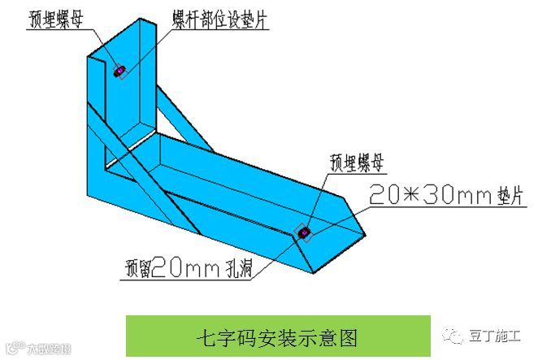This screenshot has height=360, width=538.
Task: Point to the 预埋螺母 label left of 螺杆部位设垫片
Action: [x=58, y=17]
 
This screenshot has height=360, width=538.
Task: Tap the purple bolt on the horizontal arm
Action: [x=305, y=234]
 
